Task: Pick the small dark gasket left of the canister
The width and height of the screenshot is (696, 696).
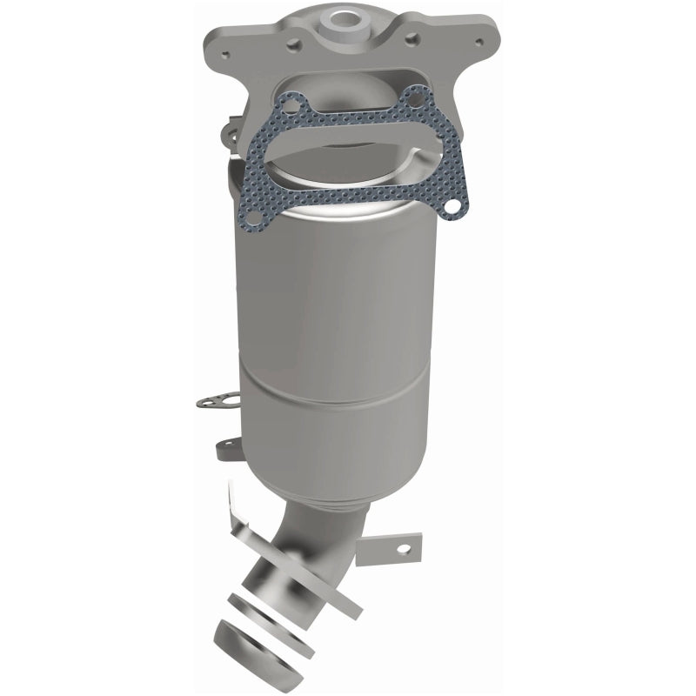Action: pos(209,402)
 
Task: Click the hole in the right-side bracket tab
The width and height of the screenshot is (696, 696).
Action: pos(403,549)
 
